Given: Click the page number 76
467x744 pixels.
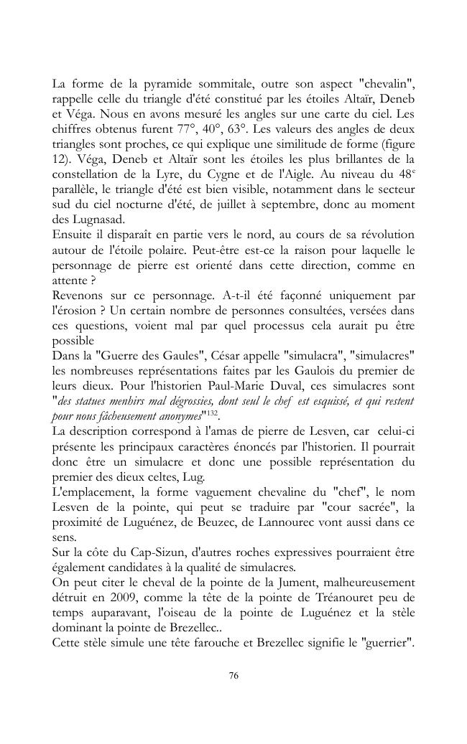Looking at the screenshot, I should coord(233,676).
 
